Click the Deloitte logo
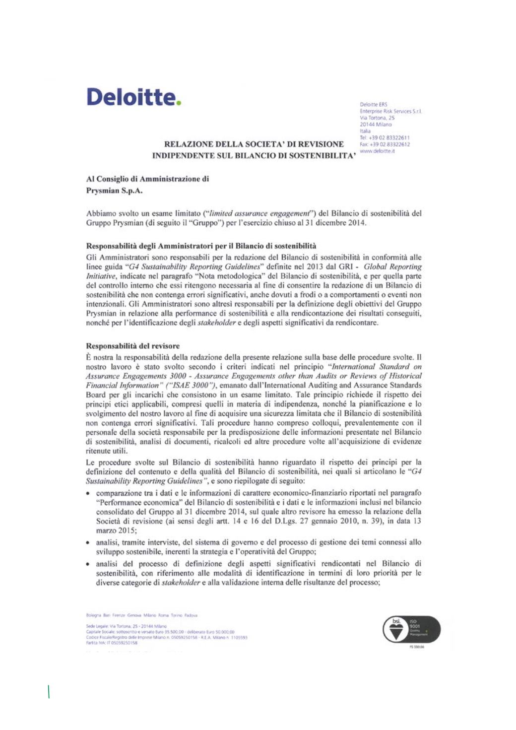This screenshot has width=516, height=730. click(x=133, y=97)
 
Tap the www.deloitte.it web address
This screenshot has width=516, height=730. click(x=377, y=151)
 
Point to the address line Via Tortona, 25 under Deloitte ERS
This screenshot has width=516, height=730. click(x=377, y=118)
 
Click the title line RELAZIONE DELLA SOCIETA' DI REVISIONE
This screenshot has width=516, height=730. click(x=254, y=144)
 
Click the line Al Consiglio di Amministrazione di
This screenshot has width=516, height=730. click(x=147, y=179)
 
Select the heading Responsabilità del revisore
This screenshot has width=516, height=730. click(x=132, y=346)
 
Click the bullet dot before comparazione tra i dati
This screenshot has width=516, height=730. click(x=88, y=494)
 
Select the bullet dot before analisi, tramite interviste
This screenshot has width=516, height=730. click(x=88, y=543)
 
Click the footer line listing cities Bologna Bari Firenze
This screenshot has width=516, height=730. click(x=141, y=615)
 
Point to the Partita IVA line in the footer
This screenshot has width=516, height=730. click(x=112, y=643)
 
